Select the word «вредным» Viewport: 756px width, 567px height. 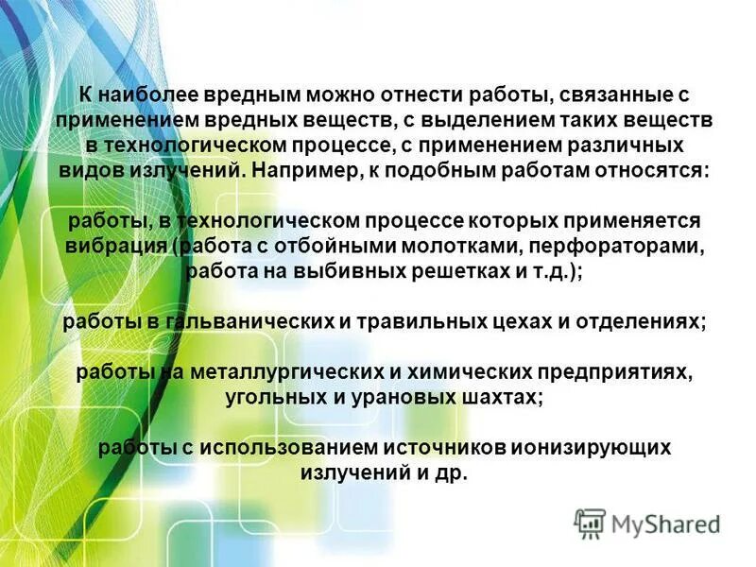point(243,95)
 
